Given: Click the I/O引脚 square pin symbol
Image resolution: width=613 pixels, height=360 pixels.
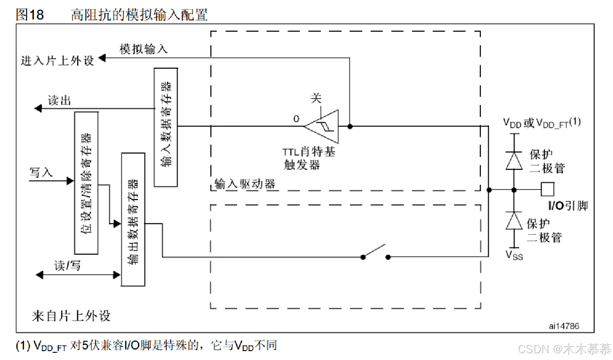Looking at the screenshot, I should point(547,189).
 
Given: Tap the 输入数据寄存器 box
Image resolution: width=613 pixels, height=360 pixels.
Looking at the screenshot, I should point(166,127).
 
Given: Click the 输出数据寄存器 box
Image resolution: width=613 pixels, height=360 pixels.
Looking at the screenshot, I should point(133,219).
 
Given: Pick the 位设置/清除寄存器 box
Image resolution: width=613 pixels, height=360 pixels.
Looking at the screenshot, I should point(86,183).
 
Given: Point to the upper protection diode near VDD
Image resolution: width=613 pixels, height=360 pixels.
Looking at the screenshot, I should point(514,161).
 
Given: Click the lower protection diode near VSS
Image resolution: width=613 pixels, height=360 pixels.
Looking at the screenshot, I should point(514,221).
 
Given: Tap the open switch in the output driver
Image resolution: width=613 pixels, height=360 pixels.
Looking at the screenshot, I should point(375,252).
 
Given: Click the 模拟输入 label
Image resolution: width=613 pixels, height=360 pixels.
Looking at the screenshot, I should point(144,49).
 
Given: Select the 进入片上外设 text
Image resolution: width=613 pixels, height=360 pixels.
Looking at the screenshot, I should point(57,60).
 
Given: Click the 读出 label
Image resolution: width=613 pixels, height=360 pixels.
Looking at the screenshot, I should point(59,100).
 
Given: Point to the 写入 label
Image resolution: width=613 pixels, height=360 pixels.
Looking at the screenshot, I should point(41,172).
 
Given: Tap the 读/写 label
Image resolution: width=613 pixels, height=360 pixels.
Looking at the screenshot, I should point(67,265).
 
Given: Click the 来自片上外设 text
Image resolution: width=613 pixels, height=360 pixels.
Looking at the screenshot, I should point(71,316).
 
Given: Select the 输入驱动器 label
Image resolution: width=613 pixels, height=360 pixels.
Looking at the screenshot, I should point(245,184).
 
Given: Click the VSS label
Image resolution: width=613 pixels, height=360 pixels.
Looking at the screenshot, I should point(514,255).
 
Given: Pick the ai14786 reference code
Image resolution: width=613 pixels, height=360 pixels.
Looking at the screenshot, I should point(564,326).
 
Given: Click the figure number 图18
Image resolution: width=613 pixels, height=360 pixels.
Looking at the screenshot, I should point(30,15).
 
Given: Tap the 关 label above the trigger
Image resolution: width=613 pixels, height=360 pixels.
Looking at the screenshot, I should point(316,98).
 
